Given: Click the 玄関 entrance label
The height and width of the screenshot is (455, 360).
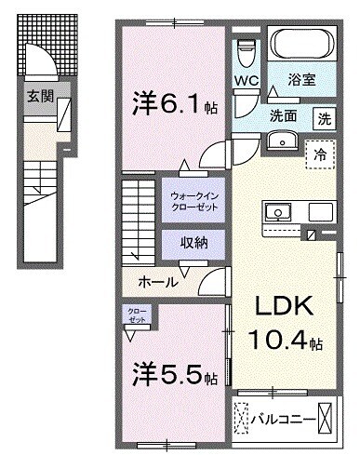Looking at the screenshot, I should point(39,95).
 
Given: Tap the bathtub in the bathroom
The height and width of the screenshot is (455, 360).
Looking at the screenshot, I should point(300,43).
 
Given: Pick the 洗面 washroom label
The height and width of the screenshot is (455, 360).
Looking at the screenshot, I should point(283,117).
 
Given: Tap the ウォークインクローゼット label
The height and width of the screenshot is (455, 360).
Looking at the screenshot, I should point(193,203).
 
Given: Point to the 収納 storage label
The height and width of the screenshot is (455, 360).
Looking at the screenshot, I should point(193,243).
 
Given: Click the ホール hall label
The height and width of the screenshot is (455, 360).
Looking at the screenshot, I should point(157,281).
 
